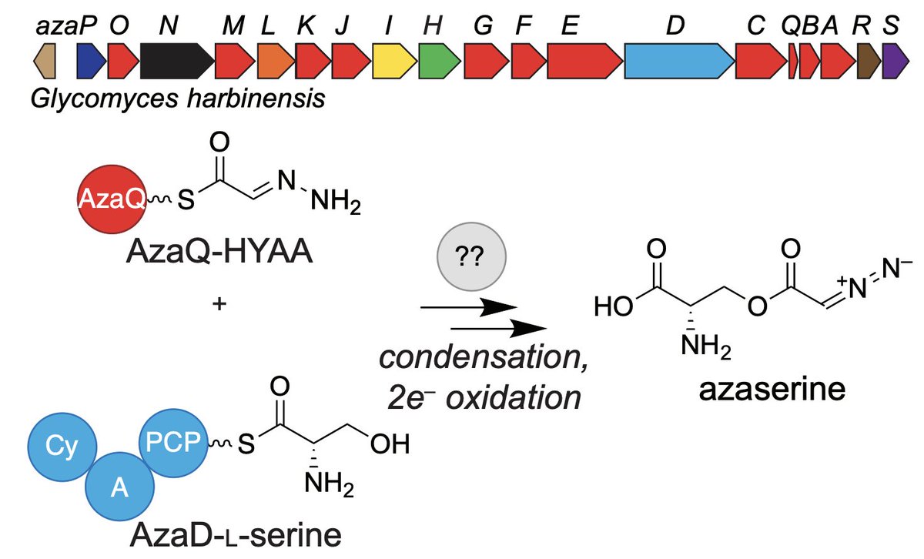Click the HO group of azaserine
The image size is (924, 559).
tap(613, 308)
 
